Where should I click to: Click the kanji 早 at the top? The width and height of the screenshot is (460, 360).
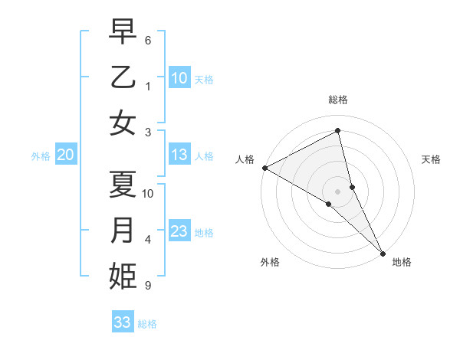click(x=123, y=31)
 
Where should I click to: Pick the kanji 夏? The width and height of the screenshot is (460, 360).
click(x=123, y=185)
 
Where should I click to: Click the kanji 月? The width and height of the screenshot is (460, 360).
click(x=123, y=231)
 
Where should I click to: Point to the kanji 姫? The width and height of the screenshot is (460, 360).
click(x=123, y=277)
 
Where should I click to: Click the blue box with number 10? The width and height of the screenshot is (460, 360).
click(x=179, y=78)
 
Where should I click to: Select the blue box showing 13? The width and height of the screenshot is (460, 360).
click(x=179, y=155)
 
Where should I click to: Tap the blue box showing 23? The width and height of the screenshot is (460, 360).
click(x=179, y=231)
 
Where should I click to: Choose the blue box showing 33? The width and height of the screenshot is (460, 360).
click(x=122, y=322)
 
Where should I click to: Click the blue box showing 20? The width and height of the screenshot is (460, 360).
click(x=65, y=155)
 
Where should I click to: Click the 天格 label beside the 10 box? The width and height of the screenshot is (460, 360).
click(x=204, y=80)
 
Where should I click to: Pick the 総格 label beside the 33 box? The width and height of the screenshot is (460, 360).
click(x=147, y=324)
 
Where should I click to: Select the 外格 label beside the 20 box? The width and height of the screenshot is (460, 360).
click(x=41, y=156)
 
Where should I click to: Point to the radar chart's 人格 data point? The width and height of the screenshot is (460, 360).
click(x=264, y=168)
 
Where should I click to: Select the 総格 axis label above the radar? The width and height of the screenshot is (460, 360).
click(x=338, y=100)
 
